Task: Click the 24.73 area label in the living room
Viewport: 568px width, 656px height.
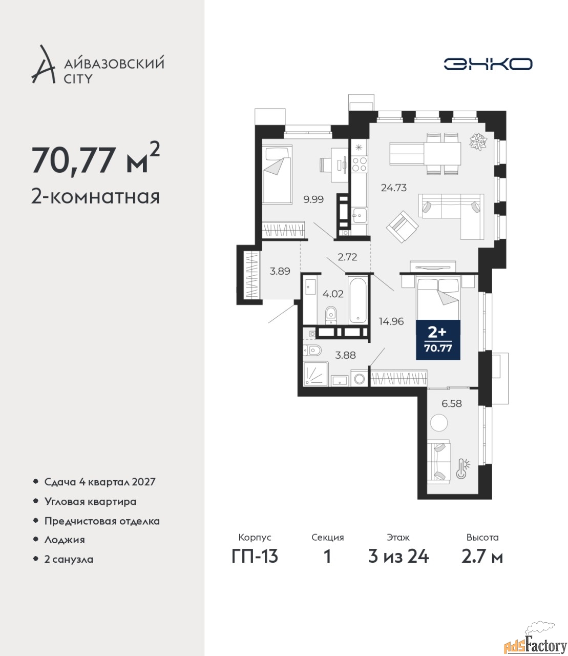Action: (x=393, y=188)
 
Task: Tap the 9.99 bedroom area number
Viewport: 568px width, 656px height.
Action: (x=313, y=199)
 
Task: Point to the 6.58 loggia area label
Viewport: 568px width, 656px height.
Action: (x=452, y=403)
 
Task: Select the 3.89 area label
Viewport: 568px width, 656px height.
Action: (x=280, y=271)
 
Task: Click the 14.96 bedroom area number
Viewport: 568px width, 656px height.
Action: (x=391, y=321)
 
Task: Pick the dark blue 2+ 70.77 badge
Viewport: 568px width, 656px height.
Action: (x=438, y=340)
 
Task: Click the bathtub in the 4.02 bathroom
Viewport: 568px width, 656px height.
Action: (x=357, y=300)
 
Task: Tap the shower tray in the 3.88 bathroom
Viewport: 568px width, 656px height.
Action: (x=316, y=374)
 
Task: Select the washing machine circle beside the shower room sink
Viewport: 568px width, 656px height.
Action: (x=360, y=379)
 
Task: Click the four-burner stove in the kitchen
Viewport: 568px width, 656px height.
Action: (x=360, y=165)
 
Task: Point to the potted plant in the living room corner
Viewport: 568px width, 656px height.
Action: (x=478, y=141)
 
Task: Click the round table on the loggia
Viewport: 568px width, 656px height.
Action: (x=439, y=423)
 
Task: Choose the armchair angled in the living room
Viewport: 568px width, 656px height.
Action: (x=402, y=227)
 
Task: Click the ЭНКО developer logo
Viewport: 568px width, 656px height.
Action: (x=488, y=64)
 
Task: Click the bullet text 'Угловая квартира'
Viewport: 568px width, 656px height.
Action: (x=90, y=502)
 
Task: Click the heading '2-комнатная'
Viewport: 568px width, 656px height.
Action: (x=95, y=197)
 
